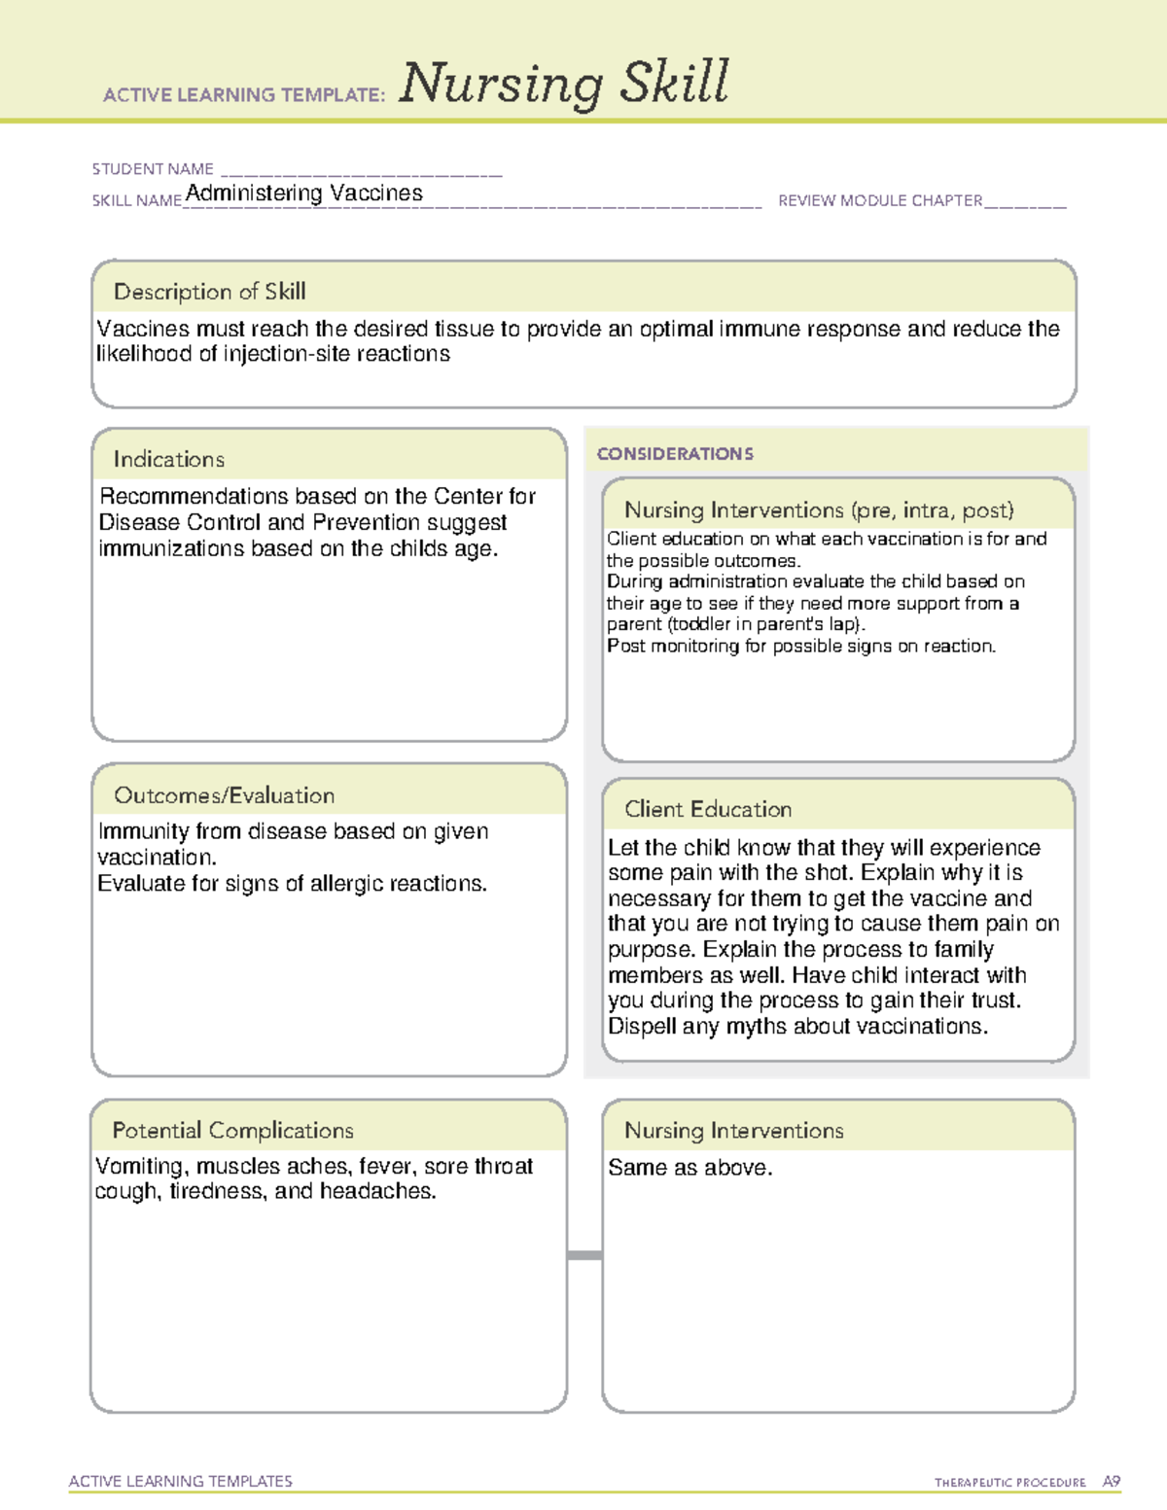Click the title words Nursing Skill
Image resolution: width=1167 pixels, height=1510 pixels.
pyautogui.click(x=563, y=84)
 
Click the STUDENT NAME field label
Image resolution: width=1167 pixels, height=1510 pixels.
pyautogui.click(x=153, y=169)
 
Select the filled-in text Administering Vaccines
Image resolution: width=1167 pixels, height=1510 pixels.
pyautogui.click(x=304, y=193)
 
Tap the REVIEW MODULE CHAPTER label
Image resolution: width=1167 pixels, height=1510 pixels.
pyautogui.click(x=880, y=201)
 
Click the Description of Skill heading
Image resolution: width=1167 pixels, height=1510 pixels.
pyautogui.click(x=209, y=292)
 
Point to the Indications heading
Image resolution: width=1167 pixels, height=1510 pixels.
pyautogui.click(x=168, y=459)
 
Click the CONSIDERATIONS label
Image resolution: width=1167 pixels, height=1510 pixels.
pyautogui.click(x=675, y=454)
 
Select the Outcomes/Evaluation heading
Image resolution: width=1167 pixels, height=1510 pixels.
pyautogui.click(x=224, y=795)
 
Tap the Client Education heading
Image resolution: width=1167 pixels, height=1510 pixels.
pyautogui.click(x=708, y=809)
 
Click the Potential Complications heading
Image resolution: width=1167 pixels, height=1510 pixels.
pyautogui.click(x=232, y=1131)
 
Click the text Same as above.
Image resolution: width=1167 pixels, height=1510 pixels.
pyautogui.click(x=690, y=1168)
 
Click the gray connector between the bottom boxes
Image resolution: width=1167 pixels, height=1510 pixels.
pyautogui.click(x=584, y=1255)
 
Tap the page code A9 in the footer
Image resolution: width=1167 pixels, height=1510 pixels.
pyautogui.click(x=1112, y=1482)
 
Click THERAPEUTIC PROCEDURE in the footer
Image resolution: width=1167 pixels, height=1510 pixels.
pyautogui.click(x=1009, y=1483)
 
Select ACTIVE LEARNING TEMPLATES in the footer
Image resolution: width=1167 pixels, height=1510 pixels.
pyautogui.click(x=180, y=1481)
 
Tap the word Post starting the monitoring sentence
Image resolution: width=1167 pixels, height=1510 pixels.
pyautogui.click(x=625, y=647)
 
